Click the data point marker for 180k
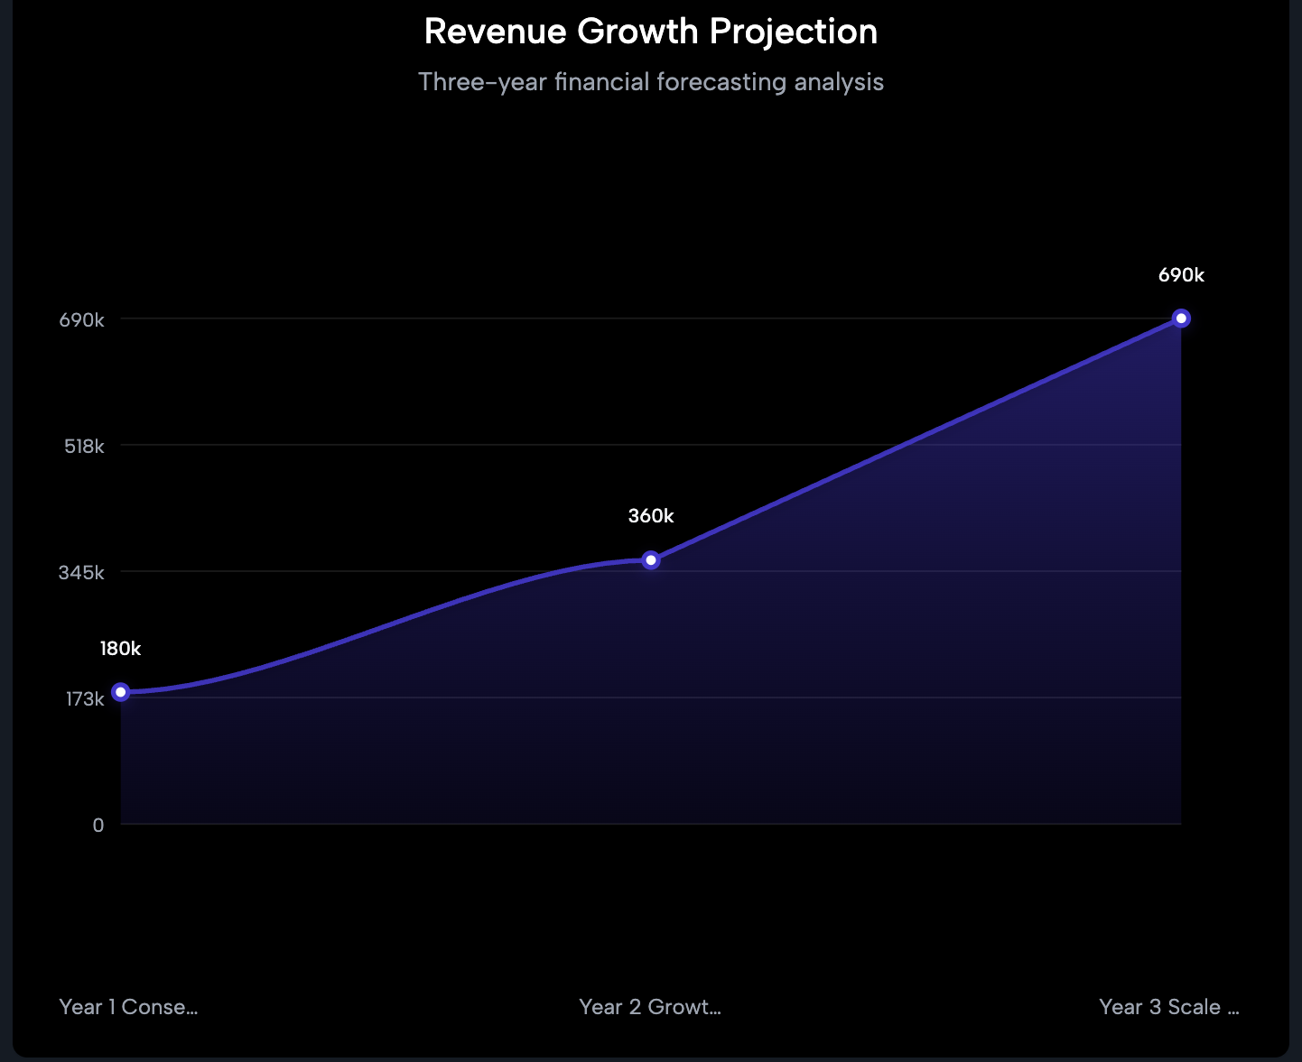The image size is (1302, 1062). (121, 692)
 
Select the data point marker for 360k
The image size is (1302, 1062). (651, 560)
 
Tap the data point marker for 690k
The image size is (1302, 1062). (1181, 319)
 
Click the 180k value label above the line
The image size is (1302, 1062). (120, 649)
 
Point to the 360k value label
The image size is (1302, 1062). (651, 516)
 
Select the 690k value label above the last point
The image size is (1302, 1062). (1181, 275)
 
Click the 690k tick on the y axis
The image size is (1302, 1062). (82, 320)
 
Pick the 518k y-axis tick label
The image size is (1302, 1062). (84, 447)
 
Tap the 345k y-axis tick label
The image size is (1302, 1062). (82, 573)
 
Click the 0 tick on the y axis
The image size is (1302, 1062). (98, 826)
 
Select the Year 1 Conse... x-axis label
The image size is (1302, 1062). (128, 1007)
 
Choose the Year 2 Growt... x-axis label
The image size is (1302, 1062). (650, 1007)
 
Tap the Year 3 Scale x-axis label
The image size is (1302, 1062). (1168, 1007)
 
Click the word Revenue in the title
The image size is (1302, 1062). (496, 32)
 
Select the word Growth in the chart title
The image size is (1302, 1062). (638, 32)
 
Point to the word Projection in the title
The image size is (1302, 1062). (793, 32)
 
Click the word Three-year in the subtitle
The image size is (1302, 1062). (482, 82)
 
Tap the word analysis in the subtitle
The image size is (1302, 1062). (839, 82)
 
